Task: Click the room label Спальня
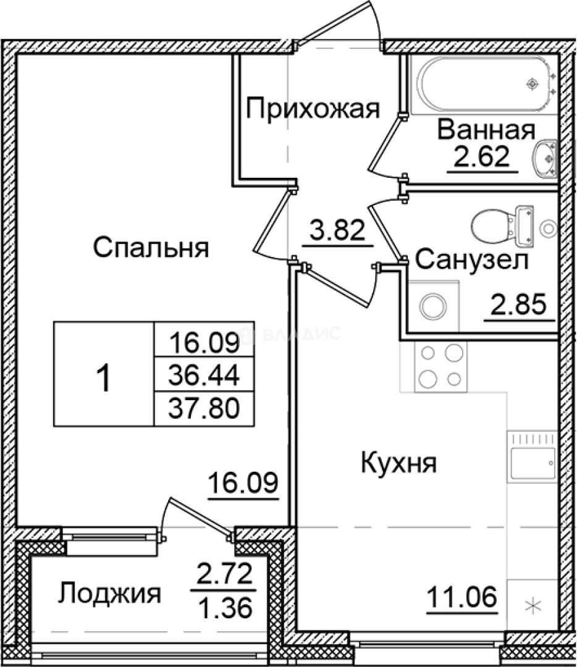click(x=151, y=248)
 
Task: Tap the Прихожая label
click(x=312, y=110)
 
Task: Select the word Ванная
click(x=486, y=131)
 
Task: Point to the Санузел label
click(x=471, y=260)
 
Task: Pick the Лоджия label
click(x=110, y=594)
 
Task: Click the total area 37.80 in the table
click(x=204, y=407)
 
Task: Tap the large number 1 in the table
click(x=104, y=378)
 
